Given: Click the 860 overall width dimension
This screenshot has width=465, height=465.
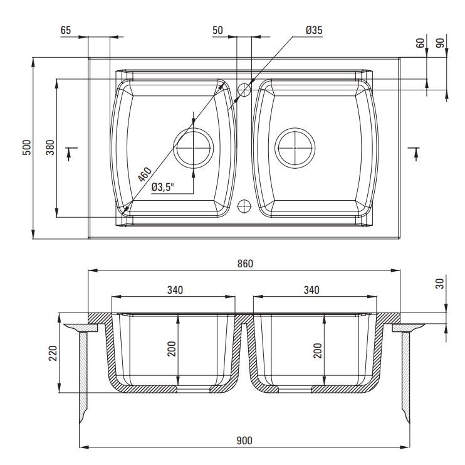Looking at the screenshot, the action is point(245,264).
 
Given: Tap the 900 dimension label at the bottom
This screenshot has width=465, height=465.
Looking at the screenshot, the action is point(244,441).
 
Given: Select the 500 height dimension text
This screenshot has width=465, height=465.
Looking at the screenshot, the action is point(27,147).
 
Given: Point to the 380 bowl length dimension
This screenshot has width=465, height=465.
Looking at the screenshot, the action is point(50,147).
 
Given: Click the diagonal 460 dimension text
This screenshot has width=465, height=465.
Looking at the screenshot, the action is point(145,174).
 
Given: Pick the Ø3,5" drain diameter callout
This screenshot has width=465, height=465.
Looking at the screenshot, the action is point(162,187).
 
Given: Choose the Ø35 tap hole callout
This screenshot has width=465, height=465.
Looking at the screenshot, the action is point(314,30).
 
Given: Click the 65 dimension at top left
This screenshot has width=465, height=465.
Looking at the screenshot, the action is point(66,30).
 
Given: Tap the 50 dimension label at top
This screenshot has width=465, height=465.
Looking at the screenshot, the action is point(217,30).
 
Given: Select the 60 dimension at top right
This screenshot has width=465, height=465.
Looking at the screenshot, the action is point(421,43).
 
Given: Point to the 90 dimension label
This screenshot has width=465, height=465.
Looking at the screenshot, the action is point(441,43).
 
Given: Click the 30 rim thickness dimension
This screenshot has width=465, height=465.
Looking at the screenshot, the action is point(441,283).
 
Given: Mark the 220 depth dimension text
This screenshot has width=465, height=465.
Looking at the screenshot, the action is point(53,353).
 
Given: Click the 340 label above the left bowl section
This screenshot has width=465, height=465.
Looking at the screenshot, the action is point(175,290).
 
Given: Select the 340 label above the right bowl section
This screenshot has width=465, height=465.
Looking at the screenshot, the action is point(311,290).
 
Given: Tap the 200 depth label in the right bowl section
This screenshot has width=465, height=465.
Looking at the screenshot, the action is point(318,351).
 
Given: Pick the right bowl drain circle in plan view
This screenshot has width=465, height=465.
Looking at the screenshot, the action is point(295,128).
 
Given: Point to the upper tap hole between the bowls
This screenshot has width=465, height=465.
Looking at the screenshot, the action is point(244,83).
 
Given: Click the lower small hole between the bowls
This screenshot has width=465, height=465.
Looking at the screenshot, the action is point(244,200).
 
